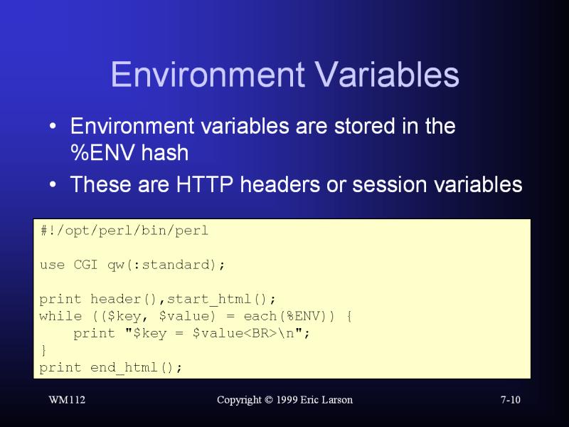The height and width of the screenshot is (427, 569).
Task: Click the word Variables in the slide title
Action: pos(387,74)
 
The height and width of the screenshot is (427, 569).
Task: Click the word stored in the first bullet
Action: pos(364,126)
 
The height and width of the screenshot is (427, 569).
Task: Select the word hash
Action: pos(165,152)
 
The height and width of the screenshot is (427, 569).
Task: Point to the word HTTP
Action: pos(204,184)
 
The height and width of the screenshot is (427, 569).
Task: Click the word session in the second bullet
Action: pos(389,184)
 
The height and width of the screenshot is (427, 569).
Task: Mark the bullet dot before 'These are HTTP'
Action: pos(53,184)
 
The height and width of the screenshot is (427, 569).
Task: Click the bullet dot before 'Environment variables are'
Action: pos(53,127)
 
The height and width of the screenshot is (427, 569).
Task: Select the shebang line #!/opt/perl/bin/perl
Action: pos(124,231)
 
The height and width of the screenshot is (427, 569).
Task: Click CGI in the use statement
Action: pos(85,265)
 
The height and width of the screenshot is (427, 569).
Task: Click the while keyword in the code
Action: pos(60,316)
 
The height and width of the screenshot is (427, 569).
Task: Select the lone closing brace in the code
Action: pos(44,350)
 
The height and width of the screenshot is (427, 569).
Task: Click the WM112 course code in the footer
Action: pos(67,400)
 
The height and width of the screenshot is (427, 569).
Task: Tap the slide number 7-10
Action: pos(511,400)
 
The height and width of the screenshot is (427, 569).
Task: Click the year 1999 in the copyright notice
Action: pos(287,400)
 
